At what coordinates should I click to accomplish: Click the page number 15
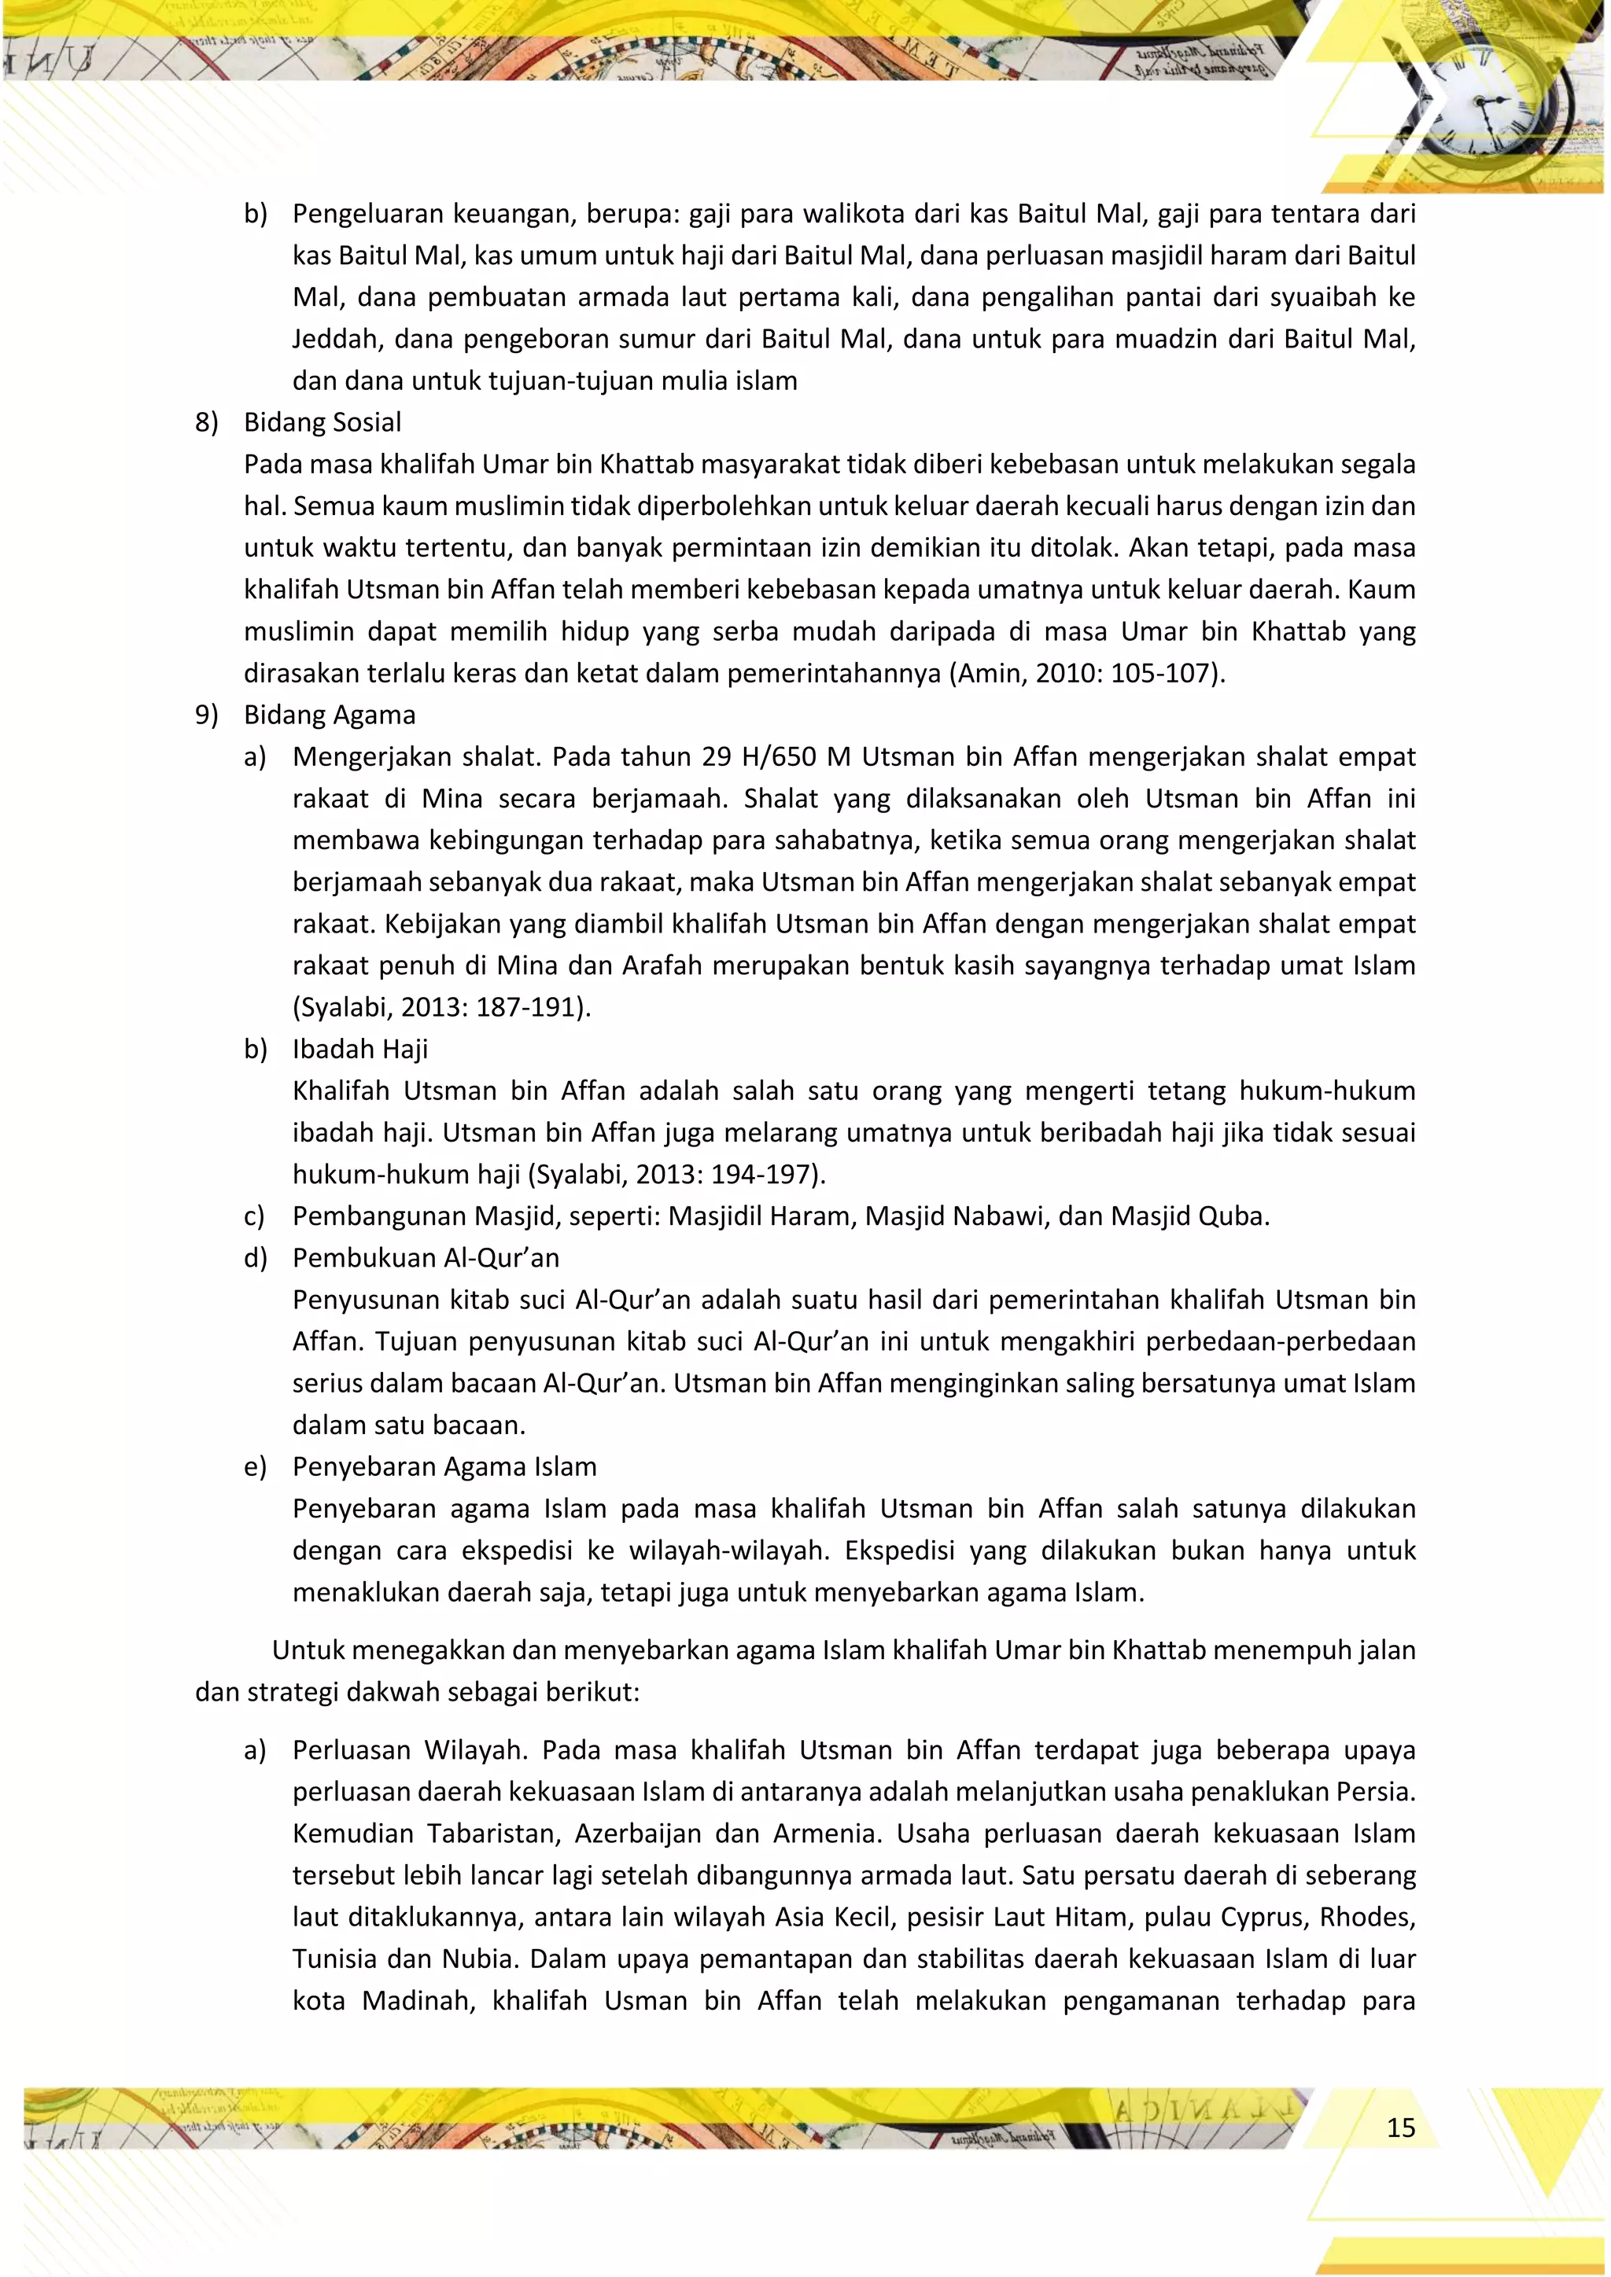pyautogui.click(x=1399, y=2128)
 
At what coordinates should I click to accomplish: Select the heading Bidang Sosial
pyautogui.click(x=323, y=422)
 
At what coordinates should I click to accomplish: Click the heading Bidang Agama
pyautogui.click(x=330, y=715)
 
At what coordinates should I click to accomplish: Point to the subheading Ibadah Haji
pyautogui.click(x=360, y=1049)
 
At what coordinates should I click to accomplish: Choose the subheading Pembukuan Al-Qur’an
pyautogui.click(x=426, y=1257)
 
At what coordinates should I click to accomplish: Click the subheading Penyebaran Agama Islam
pyautogui.click(x=444, y=1466)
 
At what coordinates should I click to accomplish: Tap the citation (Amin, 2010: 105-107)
pyautogui.click(x=1087, y=673)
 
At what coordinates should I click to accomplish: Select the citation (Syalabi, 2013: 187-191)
pyautogui.click(x=441, y=1008)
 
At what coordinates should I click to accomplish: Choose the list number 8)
pyautogui.click(x=206, y=422)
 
